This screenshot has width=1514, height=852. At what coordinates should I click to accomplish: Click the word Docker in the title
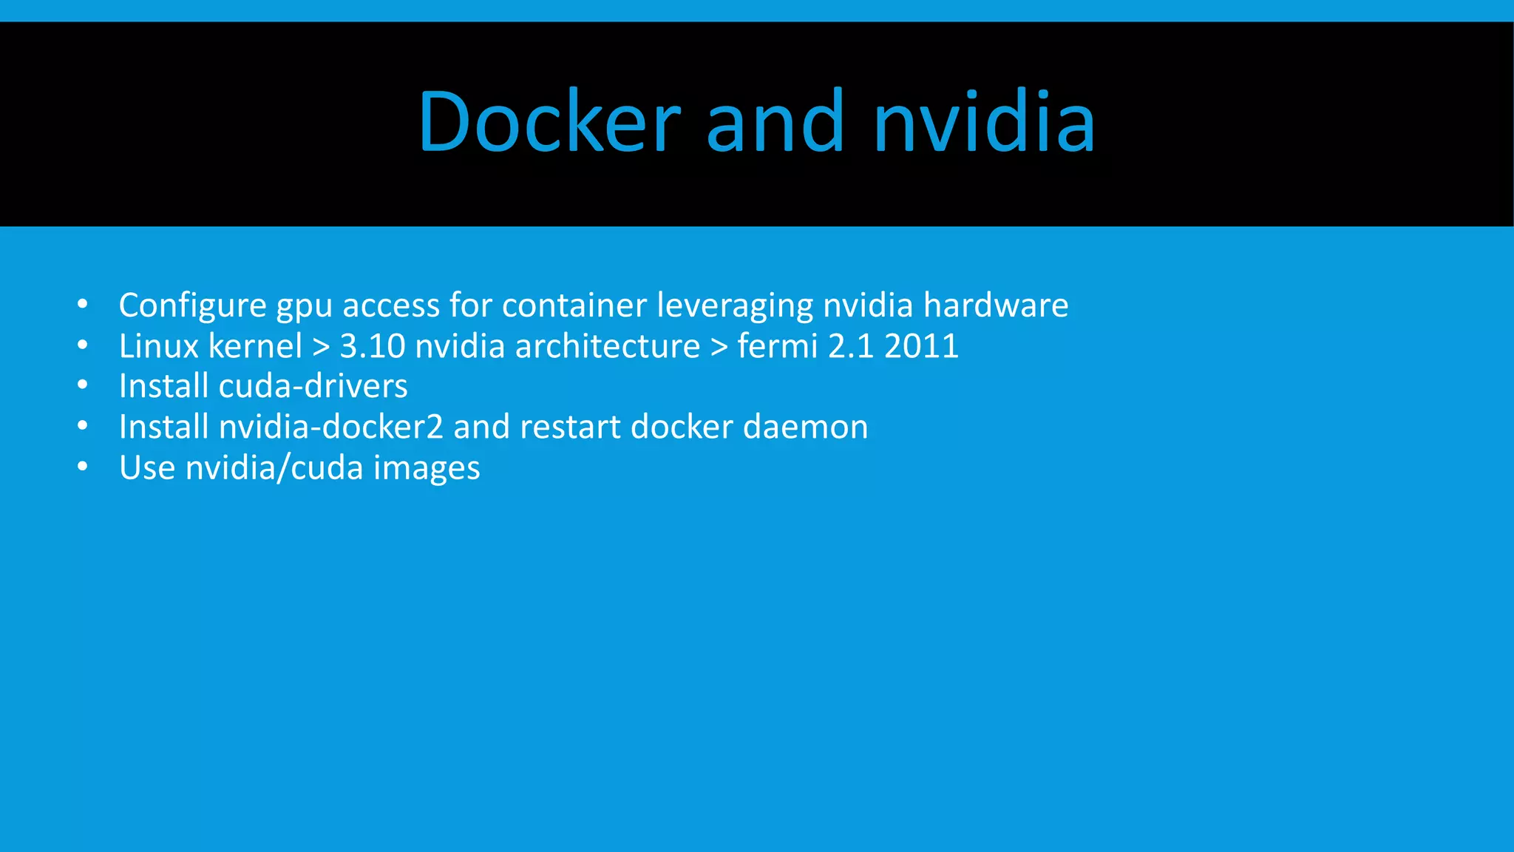549,122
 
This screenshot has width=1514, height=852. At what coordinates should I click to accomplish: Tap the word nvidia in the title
984,122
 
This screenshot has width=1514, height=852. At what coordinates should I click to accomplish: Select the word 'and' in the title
775,122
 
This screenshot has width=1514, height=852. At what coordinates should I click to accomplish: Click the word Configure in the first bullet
192,305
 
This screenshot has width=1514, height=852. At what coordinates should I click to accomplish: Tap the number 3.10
373,346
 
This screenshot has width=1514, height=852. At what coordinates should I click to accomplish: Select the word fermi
778,346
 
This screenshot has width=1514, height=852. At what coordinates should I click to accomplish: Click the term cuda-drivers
313,386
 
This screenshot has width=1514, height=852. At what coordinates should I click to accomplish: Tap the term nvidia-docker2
331,427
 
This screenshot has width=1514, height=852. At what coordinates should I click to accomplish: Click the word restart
570,427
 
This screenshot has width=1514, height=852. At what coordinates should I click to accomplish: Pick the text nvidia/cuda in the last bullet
274,467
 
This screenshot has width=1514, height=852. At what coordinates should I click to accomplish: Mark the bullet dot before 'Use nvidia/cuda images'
82,467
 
